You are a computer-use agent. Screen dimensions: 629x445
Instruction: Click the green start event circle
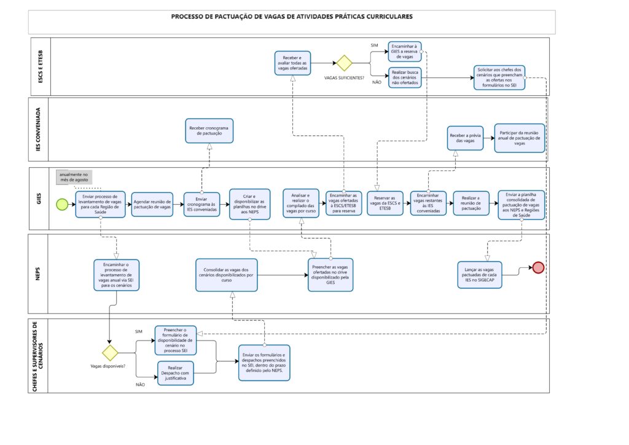pyautogui.click(x=62, y=204)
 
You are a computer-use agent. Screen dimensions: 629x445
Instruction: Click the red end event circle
pyautogui.click(x=538, y=267)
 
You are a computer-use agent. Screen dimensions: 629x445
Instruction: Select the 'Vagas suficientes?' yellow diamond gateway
pyautogui.click(x=344, y=63)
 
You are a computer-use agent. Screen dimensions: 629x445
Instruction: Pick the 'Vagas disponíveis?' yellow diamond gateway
pyautogui.click(x=110, y=353)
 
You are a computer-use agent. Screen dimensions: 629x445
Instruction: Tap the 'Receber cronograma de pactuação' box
pyautogui.click(x=209, y=131)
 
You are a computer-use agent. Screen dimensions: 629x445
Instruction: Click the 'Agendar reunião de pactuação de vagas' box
pyautogui.click(x=152, y=205)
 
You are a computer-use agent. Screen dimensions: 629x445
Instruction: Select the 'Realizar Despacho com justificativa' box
pyautogui.click(x=175, y=373)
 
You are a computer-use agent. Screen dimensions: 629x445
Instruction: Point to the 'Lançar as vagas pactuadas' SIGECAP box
pyautogui.click(x=479, y=275)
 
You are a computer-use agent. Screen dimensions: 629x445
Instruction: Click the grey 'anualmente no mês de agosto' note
pyautogui.click(x=74, y=178)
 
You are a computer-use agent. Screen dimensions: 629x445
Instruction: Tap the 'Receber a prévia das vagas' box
pyautogui.click(x=465, y=138)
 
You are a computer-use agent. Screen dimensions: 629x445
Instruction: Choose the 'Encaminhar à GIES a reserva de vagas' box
pyautogui.click(x=404, y=52)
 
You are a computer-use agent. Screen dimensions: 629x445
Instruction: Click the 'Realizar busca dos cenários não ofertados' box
pyautogui.click(x=404, y=77)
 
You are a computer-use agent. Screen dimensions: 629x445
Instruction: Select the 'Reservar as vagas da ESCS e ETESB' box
pyautogui.click(x=385, y=203)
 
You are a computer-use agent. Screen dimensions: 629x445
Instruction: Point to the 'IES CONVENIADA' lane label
pyautogui.click(x=39, y=129)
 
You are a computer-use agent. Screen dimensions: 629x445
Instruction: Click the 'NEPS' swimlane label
pyautogui.click(x=38, y=274)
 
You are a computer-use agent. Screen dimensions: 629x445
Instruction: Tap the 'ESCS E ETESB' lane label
pyautogui.click(x=41, y=66)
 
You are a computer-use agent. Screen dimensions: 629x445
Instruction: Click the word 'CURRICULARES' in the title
pyautogui.click(x=389, y=17)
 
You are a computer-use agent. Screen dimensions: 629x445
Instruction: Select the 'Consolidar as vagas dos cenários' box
pyautogui.click(x=226, y=275)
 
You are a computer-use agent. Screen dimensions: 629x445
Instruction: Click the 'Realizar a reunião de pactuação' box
pyautogui.click(x=471, y=203)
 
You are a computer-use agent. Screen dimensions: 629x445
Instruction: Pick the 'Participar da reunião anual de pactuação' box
pyautogui.click(x=520, y=138)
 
